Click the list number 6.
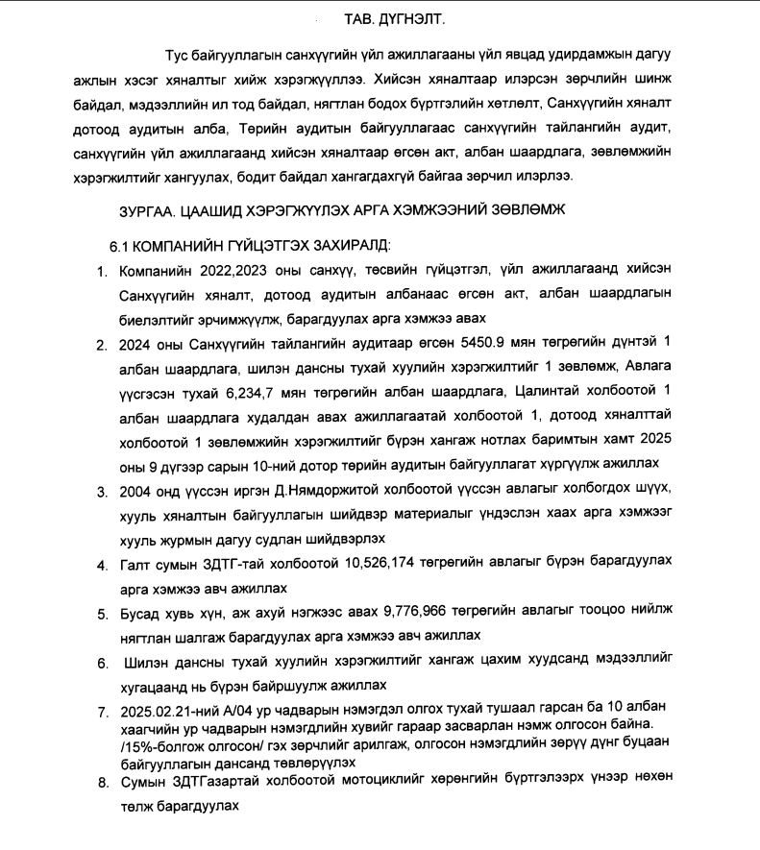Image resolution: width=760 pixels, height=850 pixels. click(x=102, y=664)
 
